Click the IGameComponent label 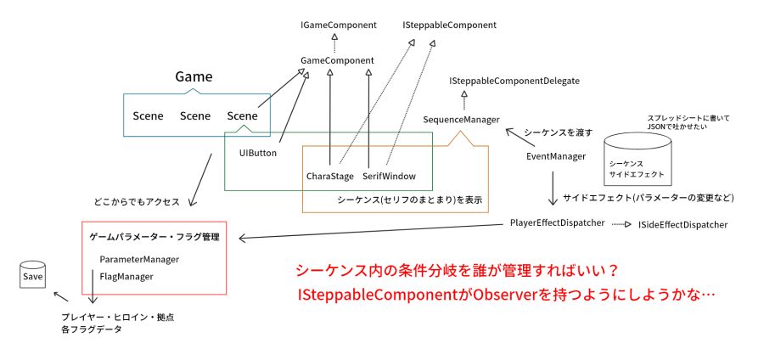[339, 25]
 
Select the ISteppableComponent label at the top [450, 25]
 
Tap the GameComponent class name [337, 61]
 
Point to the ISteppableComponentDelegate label [514, 81]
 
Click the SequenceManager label [462, 120]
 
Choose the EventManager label [556, 156]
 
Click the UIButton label [258, 153]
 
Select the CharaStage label [330, 177]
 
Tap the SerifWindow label [390, 177]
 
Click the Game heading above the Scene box [194, 77]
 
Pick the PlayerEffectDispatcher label [558, 222]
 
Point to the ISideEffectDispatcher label [683, 224]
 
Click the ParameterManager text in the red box [139, 259]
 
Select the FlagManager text [126, 277]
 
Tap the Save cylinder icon [32, 275]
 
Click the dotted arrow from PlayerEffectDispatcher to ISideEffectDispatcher [621, 224]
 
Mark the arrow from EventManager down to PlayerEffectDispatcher [553, 188]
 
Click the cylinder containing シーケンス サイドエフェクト [638, 160]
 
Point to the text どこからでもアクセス [137, 202]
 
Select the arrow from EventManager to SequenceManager [520, 138]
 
